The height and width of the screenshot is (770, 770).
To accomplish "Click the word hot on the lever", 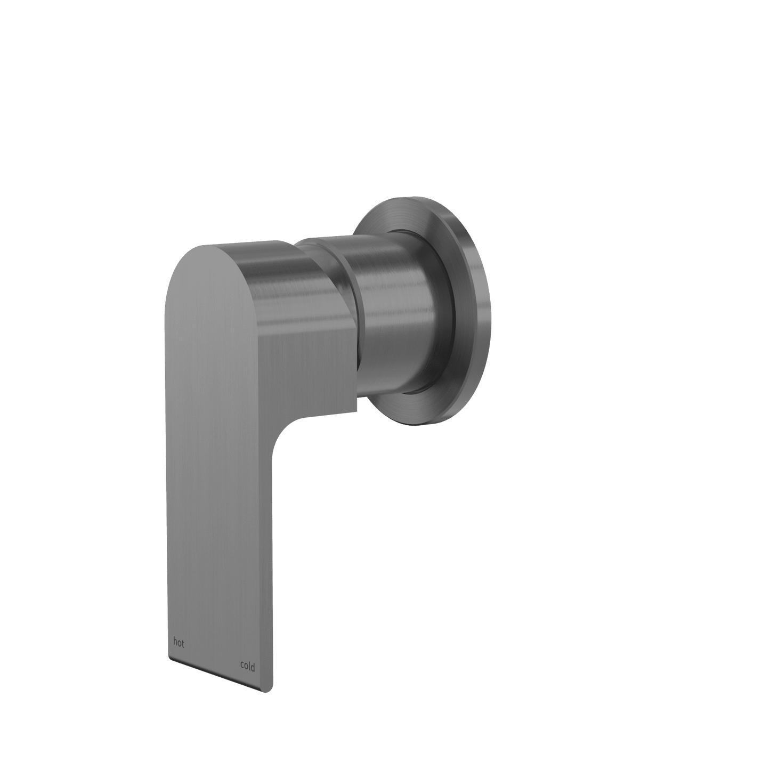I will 179,643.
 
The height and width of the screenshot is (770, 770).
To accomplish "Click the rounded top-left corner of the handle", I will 181,266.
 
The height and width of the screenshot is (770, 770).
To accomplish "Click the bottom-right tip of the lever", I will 263,691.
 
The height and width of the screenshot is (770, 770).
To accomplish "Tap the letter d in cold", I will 253,667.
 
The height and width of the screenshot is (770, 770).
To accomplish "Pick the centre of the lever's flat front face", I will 218,480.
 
